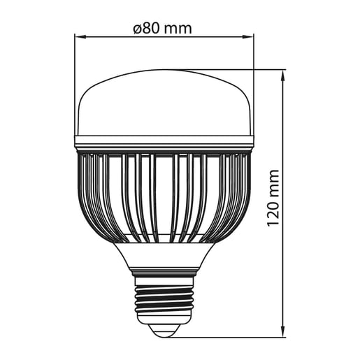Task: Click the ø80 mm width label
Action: click(162, 29)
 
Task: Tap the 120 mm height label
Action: click(273, 198)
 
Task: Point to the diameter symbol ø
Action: click(136, 29)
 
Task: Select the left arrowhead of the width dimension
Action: click(78, 38)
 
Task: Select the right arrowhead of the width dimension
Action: click(250, 38)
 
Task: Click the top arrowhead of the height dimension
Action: click(282, 73)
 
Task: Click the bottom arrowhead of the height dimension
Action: click(282, 333)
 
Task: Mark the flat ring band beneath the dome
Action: click(164, 144)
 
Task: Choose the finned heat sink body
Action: click(164, 196)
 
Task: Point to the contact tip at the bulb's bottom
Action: click(164, 331)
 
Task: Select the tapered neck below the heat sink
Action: click(164, 255)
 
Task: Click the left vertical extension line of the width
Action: click(75, 84)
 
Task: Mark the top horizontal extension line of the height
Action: click(231, 69)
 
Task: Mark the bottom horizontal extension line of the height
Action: click(231, 338)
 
